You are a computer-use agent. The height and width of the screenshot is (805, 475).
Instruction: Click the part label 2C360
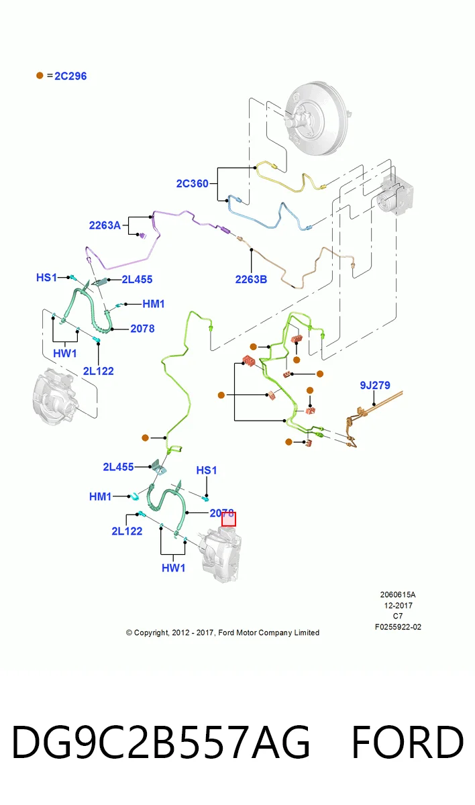(193, 184)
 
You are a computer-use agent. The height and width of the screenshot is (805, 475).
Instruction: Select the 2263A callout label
(105, 225)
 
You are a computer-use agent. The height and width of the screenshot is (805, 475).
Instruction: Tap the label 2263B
(251, 279)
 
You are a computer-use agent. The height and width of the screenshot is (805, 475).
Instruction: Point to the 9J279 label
(375, 385)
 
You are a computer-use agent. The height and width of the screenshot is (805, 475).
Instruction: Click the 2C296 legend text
(70, 76)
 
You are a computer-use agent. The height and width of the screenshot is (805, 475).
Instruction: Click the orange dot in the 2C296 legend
(40, 75)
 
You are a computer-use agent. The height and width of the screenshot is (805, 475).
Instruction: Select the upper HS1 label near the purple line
(46, 278)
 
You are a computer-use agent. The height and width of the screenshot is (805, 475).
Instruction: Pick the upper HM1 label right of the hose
(154, 304)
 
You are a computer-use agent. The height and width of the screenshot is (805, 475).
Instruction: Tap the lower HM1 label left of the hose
(100, 496)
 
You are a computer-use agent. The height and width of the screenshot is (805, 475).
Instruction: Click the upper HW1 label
(64, 354)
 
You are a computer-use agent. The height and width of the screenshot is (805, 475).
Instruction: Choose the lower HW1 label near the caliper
(173, 568)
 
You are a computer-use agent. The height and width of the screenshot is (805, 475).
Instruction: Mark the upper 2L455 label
(137, 279)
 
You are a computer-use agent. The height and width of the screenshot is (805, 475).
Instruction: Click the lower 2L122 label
(127, 531)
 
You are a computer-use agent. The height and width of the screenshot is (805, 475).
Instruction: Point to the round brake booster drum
(317, 118)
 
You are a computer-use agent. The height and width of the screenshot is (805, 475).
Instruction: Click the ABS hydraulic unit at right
(395, 195)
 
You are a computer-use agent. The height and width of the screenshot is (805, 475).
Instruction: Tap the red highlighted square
(229, 519)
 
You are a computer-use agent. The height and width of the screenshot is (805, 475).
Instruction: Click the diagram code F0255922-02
(398, 627)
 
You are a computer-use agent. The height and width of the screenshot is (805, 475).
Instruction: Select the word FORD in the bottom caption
(407, 742)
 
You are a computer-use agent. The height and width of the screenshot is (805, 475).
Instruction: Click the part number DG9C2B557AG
(161, 742)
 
